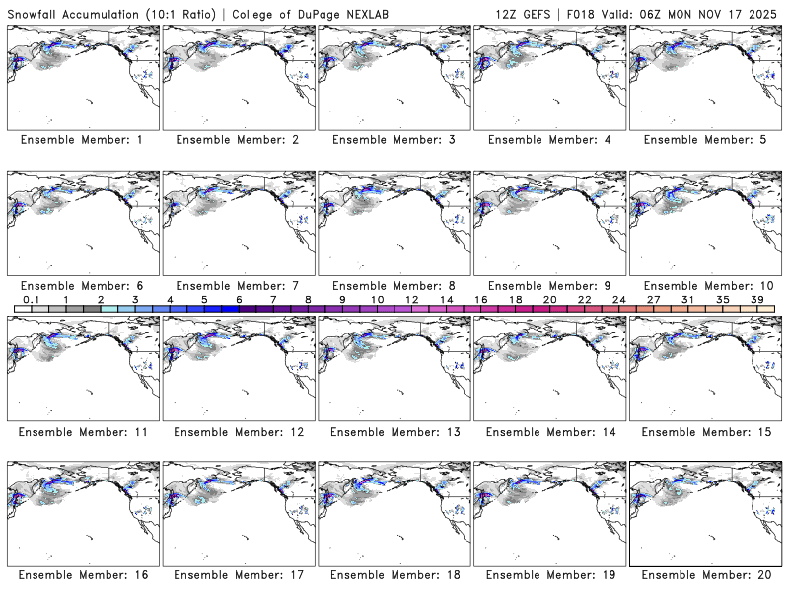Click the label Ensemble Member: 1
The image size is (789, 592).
tap(82, 140)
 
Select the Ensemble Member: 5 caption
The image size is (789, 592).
tap(704, 140)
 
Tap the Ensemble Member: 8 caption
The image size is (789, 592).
tap(393, 286)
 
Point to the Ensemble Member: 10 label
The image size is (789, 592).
tap(704, 286)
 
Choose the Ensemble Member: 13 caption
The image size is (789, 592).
tap(393, 432)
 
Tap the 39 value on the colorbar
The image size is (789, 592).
tap(756, 299)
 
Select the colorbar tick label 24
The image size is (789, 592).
tap(618, 299)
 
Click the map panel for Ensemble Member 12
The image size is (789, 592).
tap(237, 369)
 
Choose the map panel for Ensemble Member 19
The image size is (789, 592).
tap(548, 515)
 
